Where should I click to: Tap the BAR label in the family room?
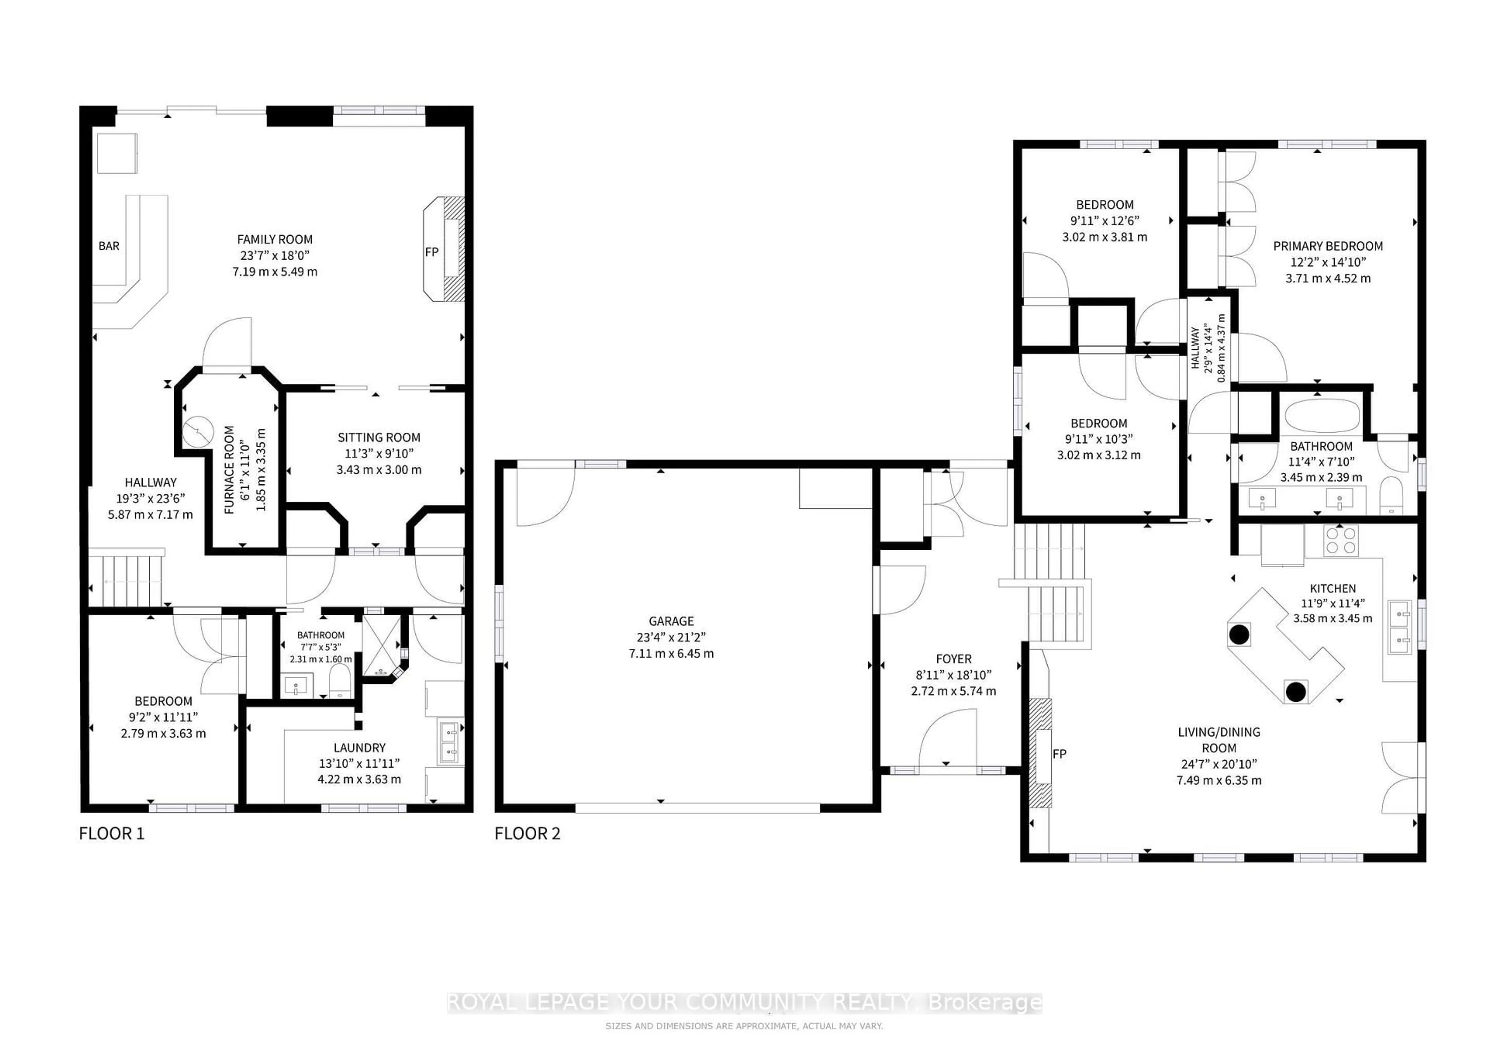[109, 246]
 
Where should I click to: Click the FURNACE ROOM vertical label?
[229, 470]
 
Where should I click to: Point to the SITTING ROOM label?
[379, 438]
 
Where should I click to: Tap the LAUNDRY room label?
[359, 747]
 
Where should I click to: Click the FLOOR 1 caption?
[112, 833]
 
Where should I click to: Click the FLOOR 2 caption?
[527, 833]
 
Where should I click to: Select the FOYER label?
[954, 659]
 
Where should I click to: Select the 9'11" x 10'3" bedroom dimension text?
[1099, 439]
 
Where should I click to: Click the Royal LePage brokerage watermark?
[744, 1003]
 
